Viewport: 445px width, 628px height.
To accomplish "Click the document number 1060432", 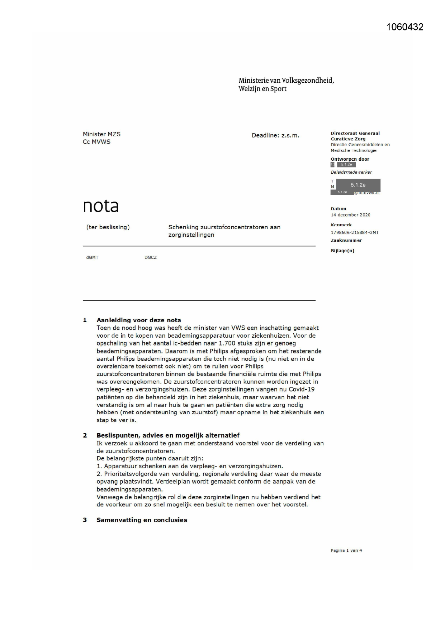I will (405, 27).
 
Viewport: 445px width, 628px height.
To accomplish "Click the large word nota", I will (101, 206).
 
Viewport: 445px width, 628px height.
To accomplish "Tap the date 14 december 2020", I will (350, 215).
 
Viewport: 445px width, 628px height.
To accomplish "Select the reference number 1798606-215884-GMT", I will (355, 232).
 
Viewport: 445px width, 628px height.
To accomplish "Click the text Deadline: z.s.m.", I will (275, 135).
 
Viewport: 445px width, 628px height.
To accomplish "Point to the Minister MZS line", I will (101, 134).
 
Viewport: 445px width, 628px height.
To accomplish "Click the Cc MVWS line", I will (96, 142).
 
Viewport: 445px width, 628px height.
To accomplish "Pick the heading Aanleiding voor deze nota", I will (138, 320).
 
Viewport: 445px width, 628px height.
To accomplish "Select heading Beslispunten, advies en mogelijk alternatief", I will (168, 435).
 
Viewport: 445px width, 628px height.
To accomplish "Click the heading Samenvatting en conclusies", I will (142, 520).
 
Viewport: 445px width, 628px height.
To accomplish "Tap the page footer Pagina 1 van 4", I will (346, 550).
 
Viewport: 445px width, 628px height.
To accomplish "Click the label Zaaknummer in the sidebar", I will (346, 240).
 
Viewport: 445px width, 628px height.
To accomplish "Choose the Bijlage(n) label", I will (342, 251).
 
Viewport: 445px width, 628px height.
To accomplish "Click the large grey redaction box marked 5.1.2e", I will (358, 185).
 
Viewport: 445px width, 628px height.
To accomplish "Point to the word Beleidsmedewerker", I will (351, 172).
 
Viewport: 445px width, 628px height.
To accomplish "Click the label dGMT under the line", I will (92, 257).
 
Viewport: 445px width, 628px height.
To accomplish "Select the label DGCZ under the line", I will (151, 257).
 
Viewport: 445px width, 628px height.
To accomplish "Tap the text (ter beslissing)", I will (108, 227).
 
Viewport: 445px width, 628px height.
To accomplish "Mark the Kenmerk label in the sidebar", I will (341, 225).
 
